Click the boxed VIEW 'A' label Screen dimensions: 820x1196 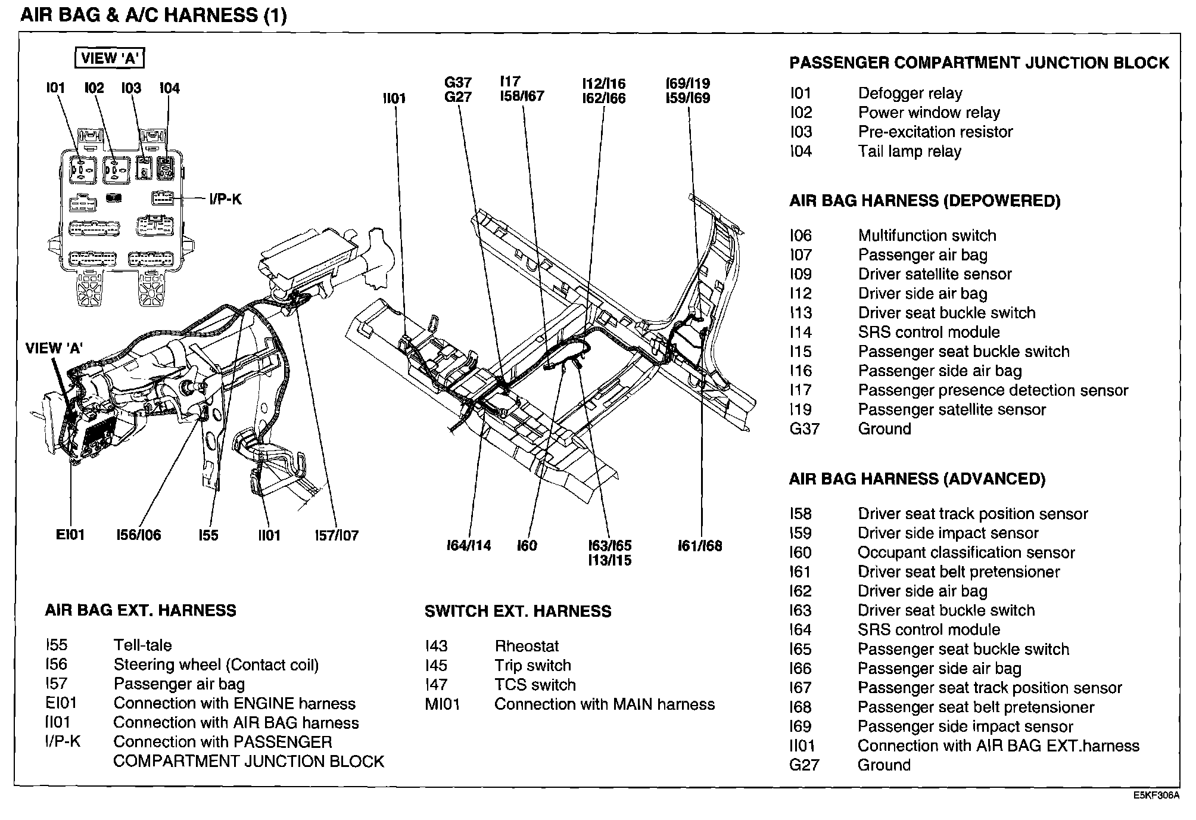tap(110, 58)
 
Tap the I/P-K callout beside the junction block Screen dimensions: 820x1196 tap(225, 199)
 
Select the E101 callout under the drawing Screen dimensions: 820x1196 tap(70, 535)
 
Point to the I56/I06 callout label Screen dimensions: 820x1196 tap(139, 535)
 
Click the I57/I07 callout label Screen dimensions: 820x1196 tap(337, 535)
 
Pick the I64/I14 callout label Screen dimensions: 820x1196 tap(469, 545)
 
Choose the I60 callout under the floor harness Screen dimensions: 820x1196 tap(527, 545)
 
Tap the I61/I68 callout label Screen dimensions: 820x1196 tap(700, 545)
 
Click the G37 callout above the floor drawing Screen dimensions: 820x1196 tap(458, 82)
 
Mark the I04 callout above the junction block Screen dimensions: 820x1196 tap(170, 88)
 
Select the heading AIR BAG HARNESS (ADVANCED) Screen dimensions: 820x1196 tap(917, 479)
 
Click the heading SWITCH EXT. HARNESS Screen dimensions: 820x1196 tap(518, 611)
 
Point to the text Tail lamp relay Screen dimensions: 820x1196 tap(910, 151)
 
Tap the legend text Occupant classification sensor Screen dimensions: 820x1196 tap(966, 552)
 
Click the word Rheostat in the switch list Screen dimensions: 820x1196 tap(527, 646)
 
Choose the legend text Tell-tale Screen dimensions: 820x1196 tap(143, 645)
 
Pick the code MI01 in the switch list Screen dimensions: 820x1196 tap(443, 704)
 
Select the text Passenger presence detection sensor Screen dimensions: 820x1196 tap(993, 390)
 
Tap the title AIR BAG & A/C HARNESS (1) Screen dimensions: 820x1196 tap(154, 15)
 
